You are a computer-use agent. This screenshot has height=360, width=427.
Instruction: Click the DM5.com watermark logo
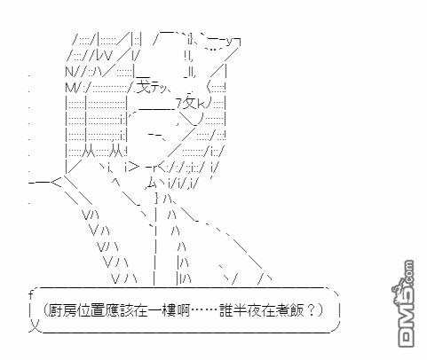[x=406, y=303]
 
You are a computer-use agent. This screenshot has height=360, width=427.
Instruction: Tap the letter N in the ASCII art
[x=70, y=72]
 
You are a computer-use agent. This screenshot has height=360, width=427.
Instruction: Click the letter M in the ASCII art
[x=70, y=88]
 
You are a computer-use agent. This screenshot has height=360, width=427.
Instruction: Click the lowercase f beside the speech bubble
[x=31, y=295]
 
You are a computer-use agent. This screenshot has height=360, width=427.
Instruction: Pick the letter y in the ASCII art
[x=230, y=42]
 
